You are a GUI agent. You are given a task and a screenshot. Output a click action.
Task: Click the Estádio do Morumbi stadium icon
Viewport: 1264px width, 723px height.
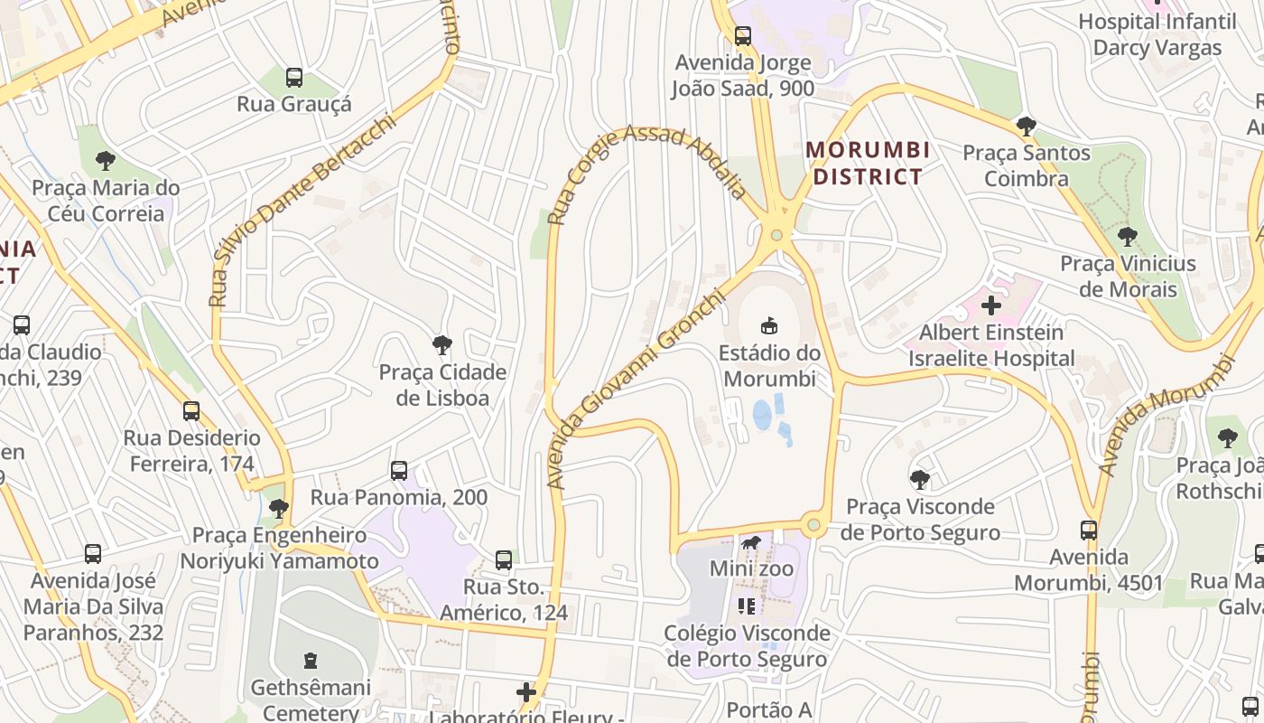tap(769, 326)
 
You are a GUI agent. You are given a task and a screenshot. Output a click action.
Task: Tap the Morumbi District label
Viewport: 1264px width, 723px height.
tap(868, 163)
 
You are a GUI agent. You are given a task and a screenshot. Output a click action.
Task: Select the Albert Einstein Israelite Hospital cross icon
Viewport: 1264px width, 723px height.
tap(991, 305)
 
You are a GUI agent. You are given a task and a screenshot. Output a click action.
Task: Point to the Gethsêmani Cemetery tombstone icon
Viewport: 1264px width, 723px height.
tap(311, 661)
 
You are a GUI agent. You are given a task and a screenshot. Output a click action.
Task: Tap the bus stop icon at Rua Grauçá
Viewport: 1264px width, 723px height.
tap(294, 78)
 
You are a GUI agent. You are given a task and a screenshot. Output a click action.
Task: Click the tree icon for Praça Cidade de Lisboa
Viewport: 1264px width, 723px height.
tap(441, 344)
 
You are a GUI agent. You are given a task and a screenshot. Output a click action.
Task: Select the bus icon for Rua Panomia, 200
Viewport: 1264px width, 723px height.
tap(399, 471)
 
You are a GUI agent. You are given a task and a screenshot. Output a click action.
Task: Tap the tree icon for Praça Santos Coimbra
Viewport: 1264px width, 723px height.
tap(1026, 126)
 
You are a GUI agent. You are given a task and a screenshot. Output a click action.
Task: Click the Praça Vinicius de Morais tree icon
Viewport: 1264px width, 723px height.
tap(1127, 237)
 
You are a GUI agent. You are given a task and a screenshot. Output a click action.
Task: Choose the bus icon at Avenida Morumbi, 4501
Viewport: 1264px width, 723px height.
tap(1089, 531)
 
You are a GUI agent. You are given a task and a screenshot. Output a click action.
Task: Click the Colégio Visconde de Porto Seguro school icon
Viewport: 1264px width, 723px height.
tap(747, 606)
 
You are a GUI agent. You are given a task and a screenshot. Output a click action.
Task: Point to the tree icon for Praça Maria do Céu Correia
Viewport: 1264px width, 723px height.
tap(106, 161)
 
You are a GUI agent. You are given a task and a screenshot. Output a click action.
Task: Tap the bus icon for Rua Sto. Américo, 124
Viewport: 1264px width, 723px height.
tap(504, 560)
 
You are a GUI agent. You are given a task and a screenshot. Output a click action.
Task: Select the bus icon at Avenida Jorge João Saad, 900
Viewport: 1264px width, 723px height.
tap(743, 36)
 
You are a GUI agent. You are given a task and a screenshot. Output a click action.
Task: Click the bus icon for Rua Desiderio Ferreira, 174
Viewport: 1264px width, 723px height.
tap(191, 411)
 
